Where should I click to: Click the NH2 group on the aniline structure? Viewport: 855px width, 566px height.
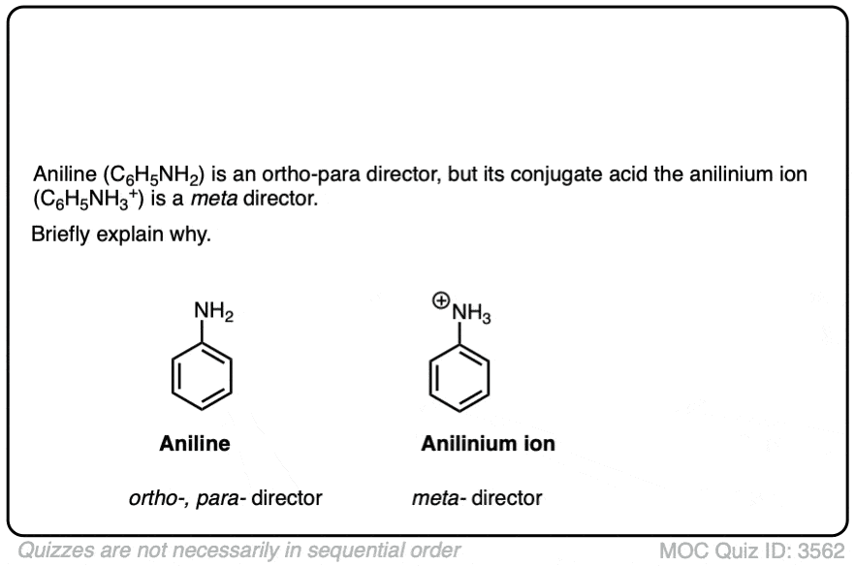[x=213, y=312]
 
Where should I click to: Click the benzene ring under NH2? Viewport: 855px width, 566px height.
[x=202, y=378]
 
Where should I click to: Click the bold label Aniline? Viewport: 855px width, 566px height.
[x=195, y=445]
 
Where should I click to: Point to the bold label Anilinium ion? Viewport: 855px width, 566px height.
[x=488, y=445]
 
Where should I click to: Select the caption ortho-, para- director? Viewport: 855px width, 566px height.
[x=225, y=499]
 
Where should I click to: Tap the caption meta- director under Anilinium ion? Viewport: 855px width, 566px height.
[x=476, y=499]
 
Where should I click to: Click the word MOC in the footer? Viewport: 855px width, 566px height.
[x=682, y=550]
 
